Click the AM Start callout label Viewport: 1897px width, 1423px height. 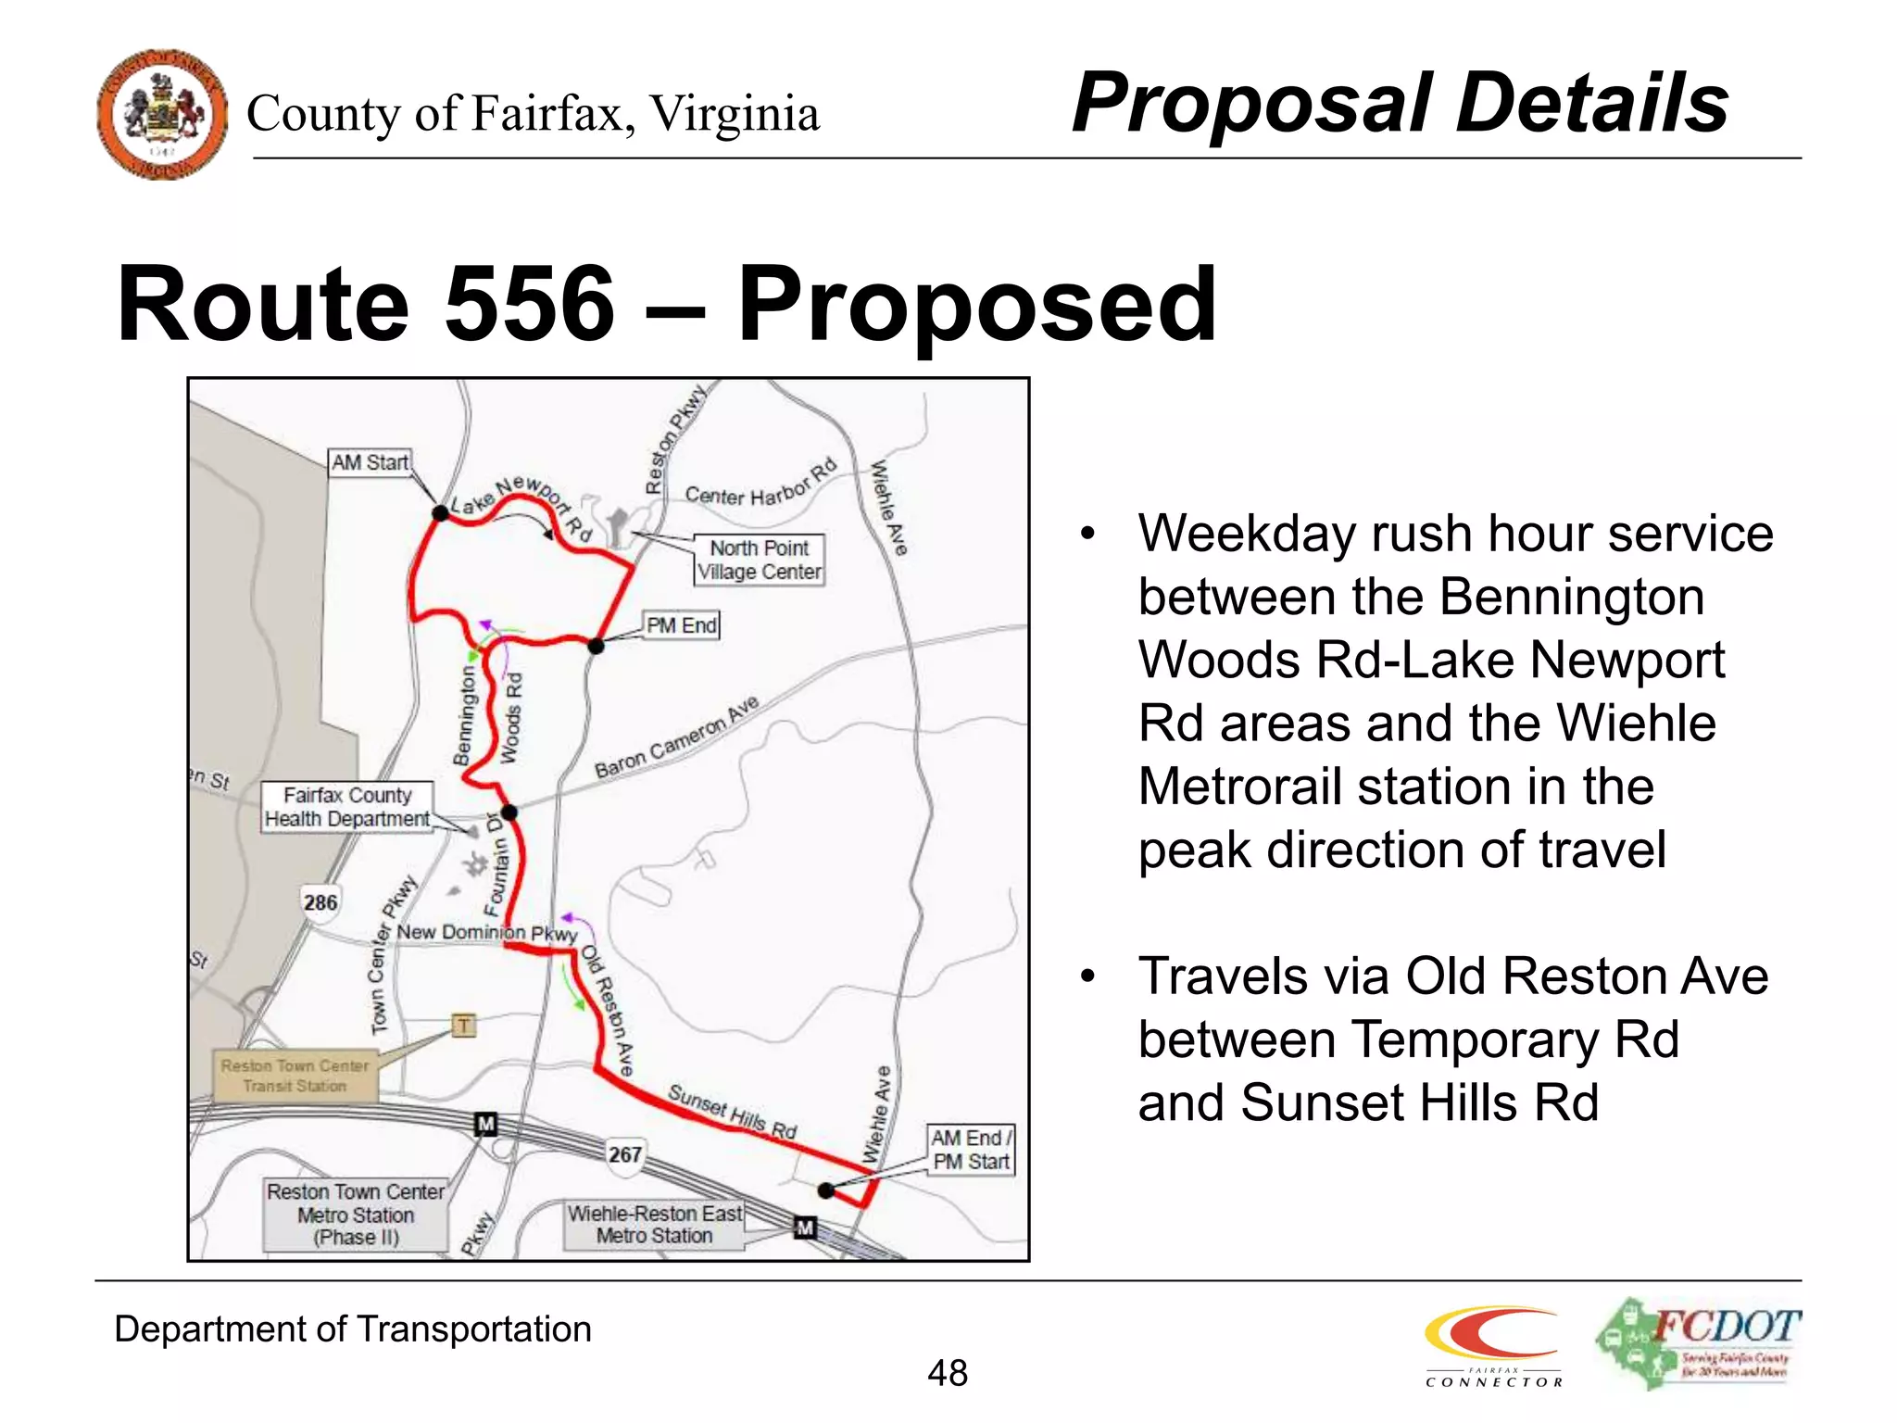370,462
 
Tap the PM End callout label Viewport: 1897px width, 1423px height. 681,625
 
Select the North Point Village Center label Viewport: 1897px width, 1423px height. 759,560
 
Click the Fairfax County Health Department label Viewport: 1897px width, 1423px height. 346,807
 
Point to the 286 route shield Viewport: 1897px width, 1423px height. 320,901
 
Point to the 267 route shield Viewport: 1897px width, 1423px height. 625,1154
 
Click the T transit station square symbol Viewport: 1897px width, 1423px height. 463,1025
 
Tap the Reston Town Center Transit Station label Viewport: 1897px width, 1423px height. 295,1076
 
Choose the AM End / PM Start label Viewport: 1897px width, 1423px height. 970,1150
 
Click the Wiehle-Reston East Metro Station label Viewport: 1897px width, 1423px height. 654,1224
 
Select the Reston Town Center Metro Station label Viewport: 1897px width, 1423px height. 356,1215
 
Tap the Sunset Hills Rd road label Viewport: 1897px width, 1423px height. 732,1111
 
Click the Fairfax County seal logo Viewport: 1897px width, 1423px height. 162,114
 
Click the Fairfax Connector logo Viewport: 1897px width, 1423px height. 1493,1345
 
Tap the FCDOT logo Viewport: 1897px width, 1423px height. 1698,1342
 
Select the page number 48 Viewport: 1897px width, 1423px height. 948,1373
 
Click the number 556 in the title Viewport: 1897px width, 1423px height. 530,304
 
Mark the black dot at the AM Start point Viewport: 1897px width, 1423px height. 441,512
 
